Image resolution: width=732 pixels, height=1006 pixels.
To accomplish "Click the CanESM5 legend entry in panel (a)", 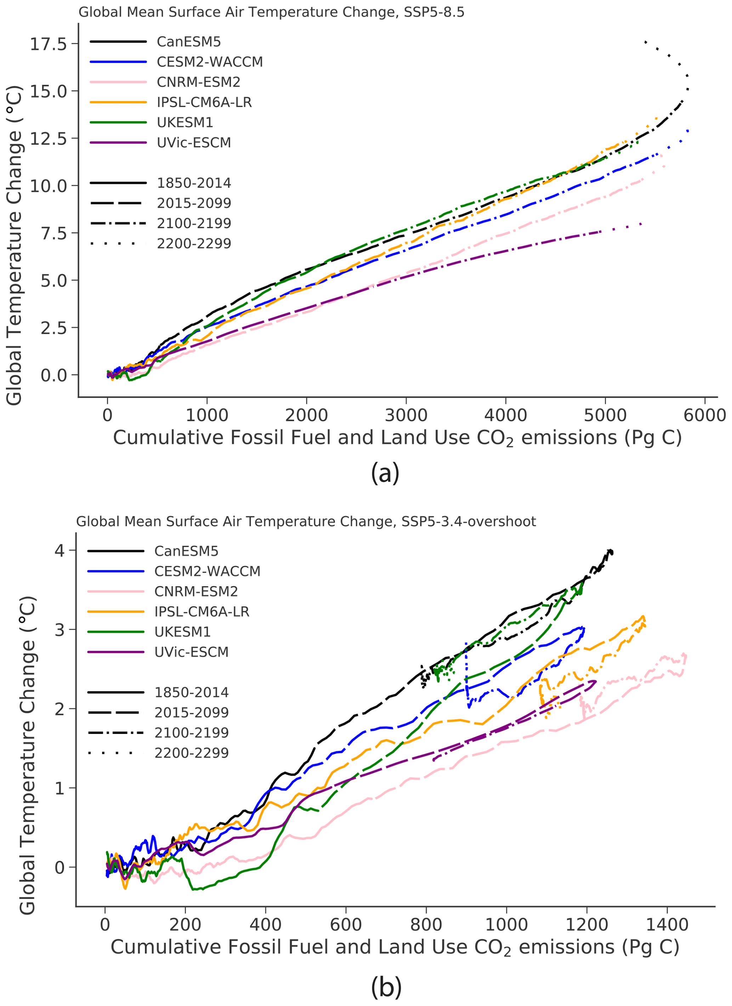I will tap(188, 42).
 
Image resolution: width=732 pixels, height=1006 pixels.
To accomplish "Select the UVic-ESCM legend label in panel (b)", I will tap(191, 652).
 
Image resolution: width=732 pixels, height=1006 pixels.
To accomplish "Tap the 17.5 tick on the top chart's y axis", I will tap(48, 44).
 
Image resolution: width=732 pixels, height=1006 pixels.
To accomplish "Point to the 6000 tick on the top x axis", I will tap(704, 416).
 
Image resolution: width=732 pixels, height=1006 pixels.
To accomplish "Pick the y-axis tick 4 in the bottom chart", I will tap(59, 550).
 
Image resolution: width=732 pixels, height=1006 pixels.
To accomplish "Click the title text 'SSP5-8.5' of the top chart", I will tap(434, 12).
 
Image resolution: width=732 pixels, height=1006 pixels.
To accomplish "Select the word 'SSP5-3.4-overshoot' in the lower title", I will tap(468, 522).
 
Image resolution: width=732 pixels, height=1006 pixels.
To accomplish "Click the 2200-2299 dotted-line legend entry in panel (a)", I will tap(194, 243).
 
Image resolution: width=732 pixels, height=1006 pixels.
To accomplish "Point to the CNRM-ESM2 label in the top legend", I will tap(198, 82).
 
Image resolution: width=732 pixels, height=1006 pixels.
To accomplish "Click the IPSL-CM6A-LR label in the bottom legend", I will tap(202, 612).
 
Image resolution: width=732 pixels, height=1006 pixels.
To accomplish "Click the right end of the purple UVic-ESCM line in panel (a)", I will tap(641, 224).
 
